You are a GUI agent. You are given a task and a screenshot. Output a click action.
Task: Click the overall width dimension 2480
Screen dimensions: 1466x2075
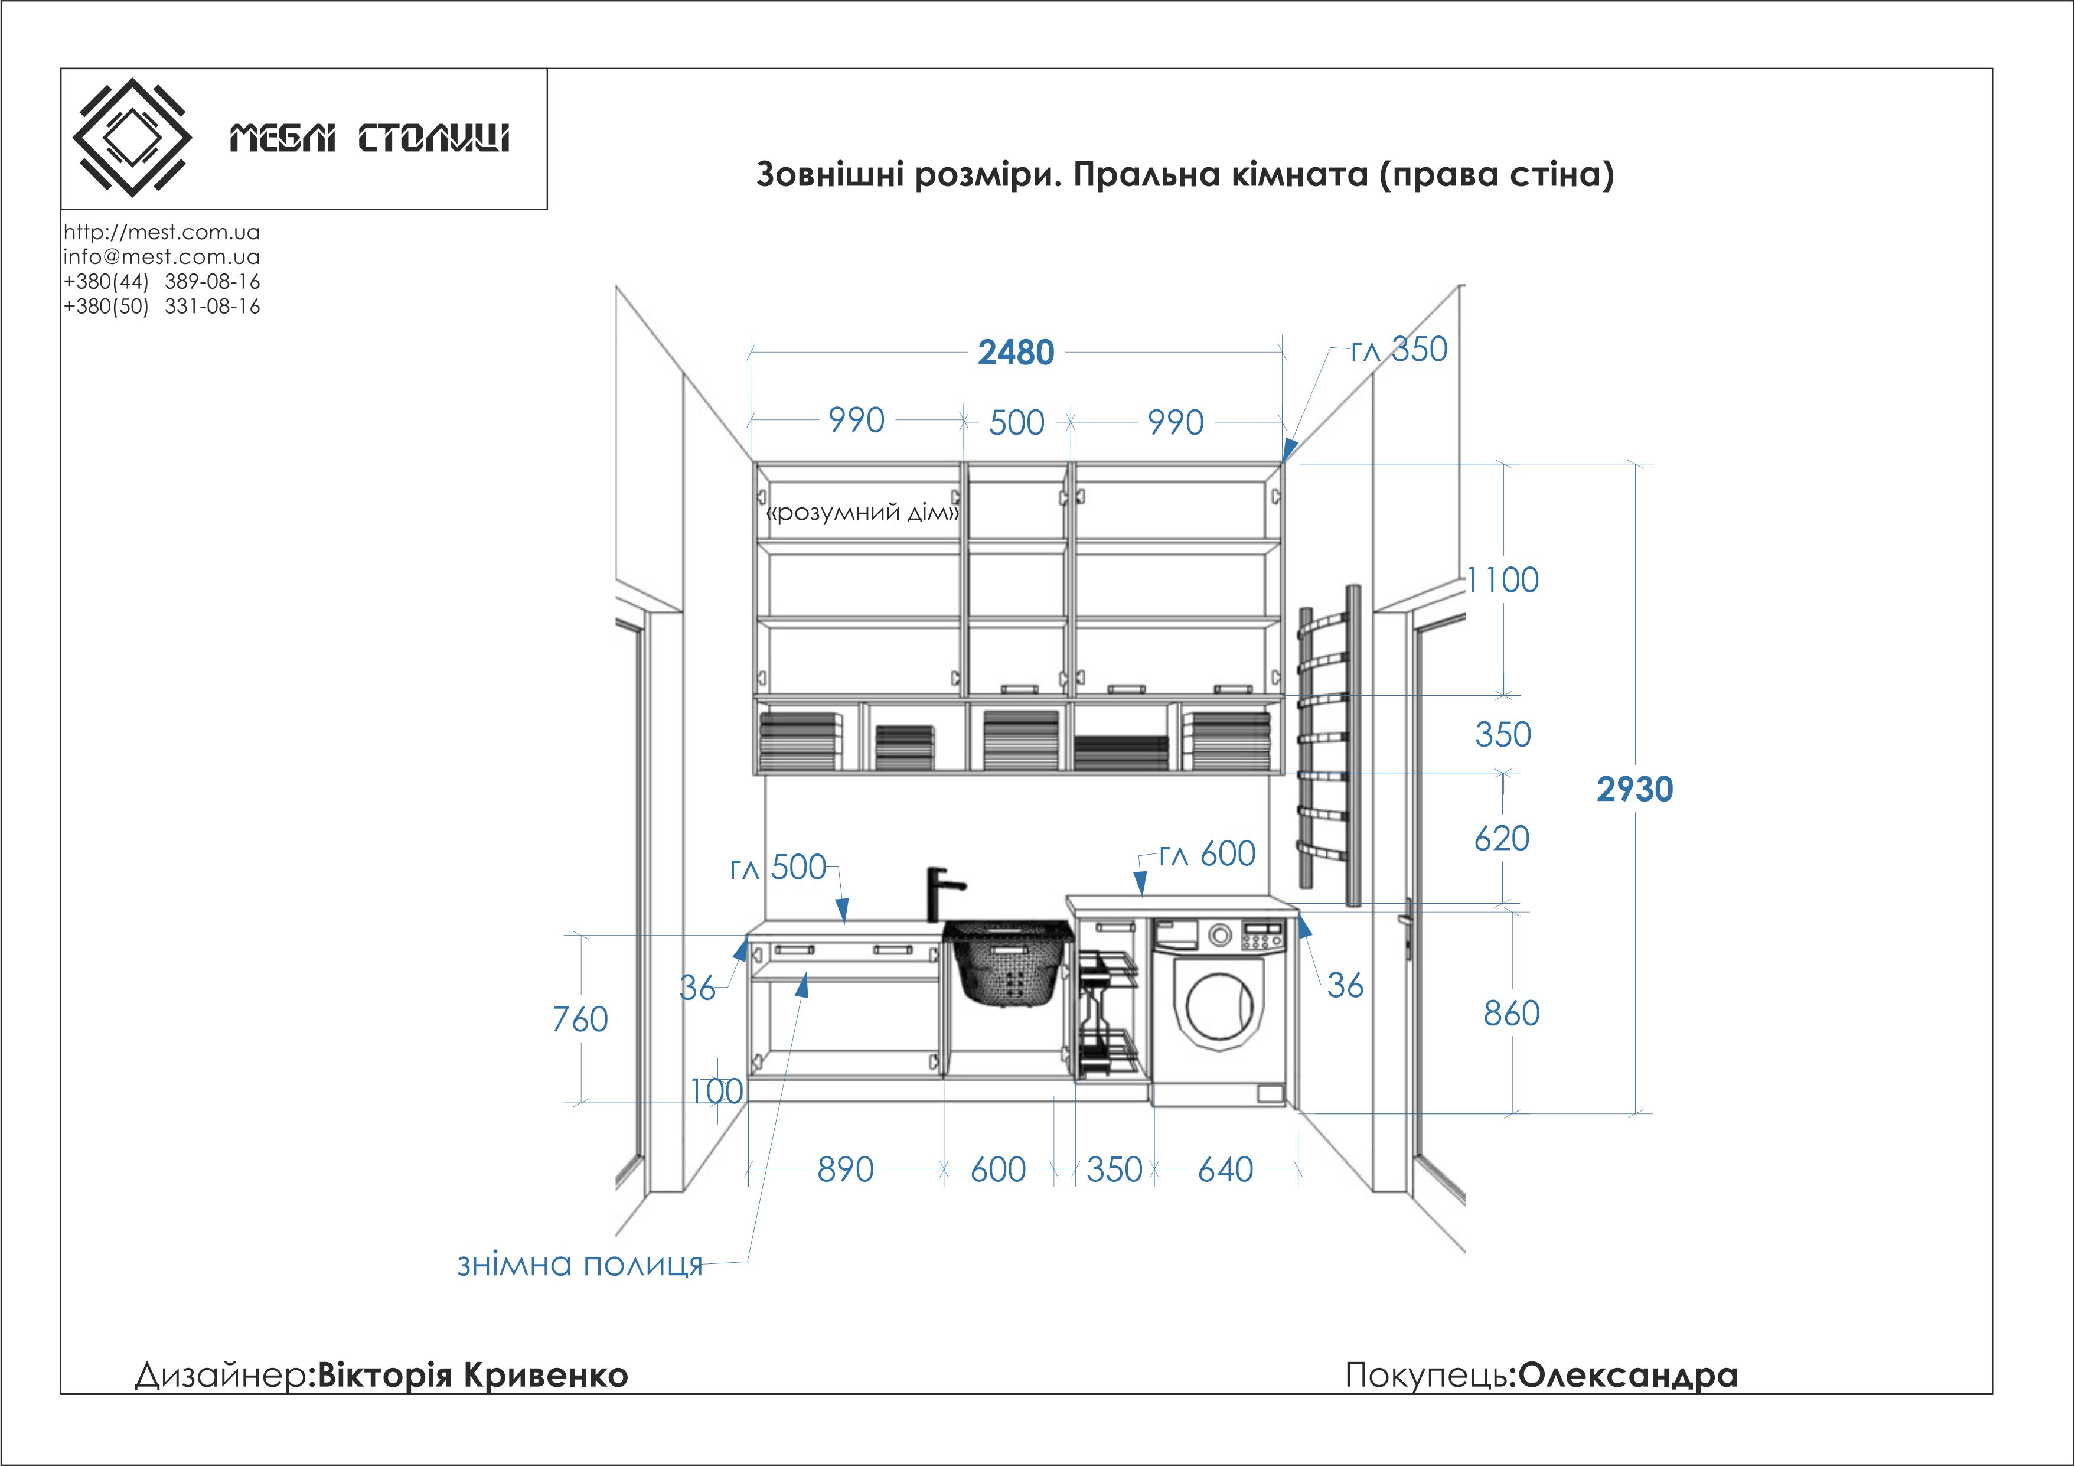[x=1016, y=353]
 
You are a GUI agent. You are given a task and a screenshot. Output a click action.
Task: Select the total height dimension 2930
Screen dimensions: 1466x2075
[x=1634, y=790]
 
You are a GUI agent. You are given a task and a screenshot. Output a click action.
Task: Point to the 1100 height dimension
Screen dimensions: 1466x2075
[x=1502, y=580]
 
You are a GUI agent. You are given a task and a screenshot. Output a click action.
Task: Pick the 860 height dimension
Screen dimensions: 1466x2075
[x=1511, y=1013]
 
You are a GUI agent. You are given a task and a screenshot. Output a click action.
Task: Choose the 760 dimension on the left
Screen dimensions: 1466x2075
[x=580, y=1019]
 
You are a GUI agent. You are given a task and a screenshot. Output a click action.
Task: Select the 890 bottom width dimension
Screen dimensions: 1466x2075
[x=845, y=1169]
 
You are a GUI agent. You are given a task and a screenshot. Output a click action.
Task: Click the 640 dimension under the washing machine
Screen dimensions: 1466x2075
[x=1225, y=1169]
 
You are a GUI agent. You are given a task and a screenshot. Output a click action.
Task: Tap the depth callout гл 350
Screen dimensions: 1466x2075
[x=1399, y=350]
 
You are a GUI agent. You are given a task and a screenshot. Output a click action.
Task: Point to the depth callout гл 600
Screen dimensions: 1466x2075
[x=1208, y=854]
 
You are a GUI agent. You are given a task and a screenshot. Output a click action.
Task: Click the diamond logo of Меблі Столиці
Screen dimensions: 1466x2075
[x=132, y=138]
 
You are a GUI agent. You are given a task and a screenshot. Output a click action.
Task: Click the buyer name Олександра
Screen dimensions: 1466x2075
[x=1627, y=1374]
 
